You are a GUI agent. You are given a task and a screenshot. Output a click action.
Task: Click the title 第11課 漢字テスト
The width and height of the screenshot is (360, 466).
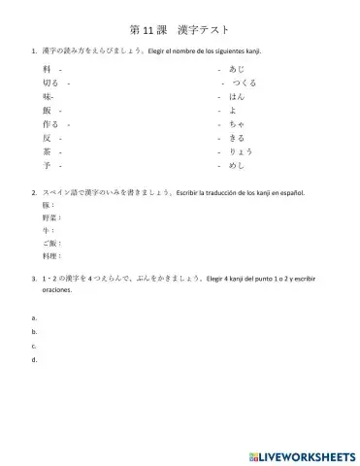pos(180,31)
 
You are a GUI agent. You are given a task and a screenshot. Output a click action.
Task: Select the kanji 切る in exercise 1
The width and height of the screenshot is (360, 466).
pos(51,84)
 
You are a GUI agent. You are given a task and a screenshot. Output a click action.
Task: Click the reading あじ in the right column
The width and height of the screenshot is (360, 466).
pos(237,71)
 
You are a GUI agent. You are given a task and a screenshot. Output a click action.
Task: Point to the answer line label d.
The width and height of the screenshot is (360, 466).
pos(34,360)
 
